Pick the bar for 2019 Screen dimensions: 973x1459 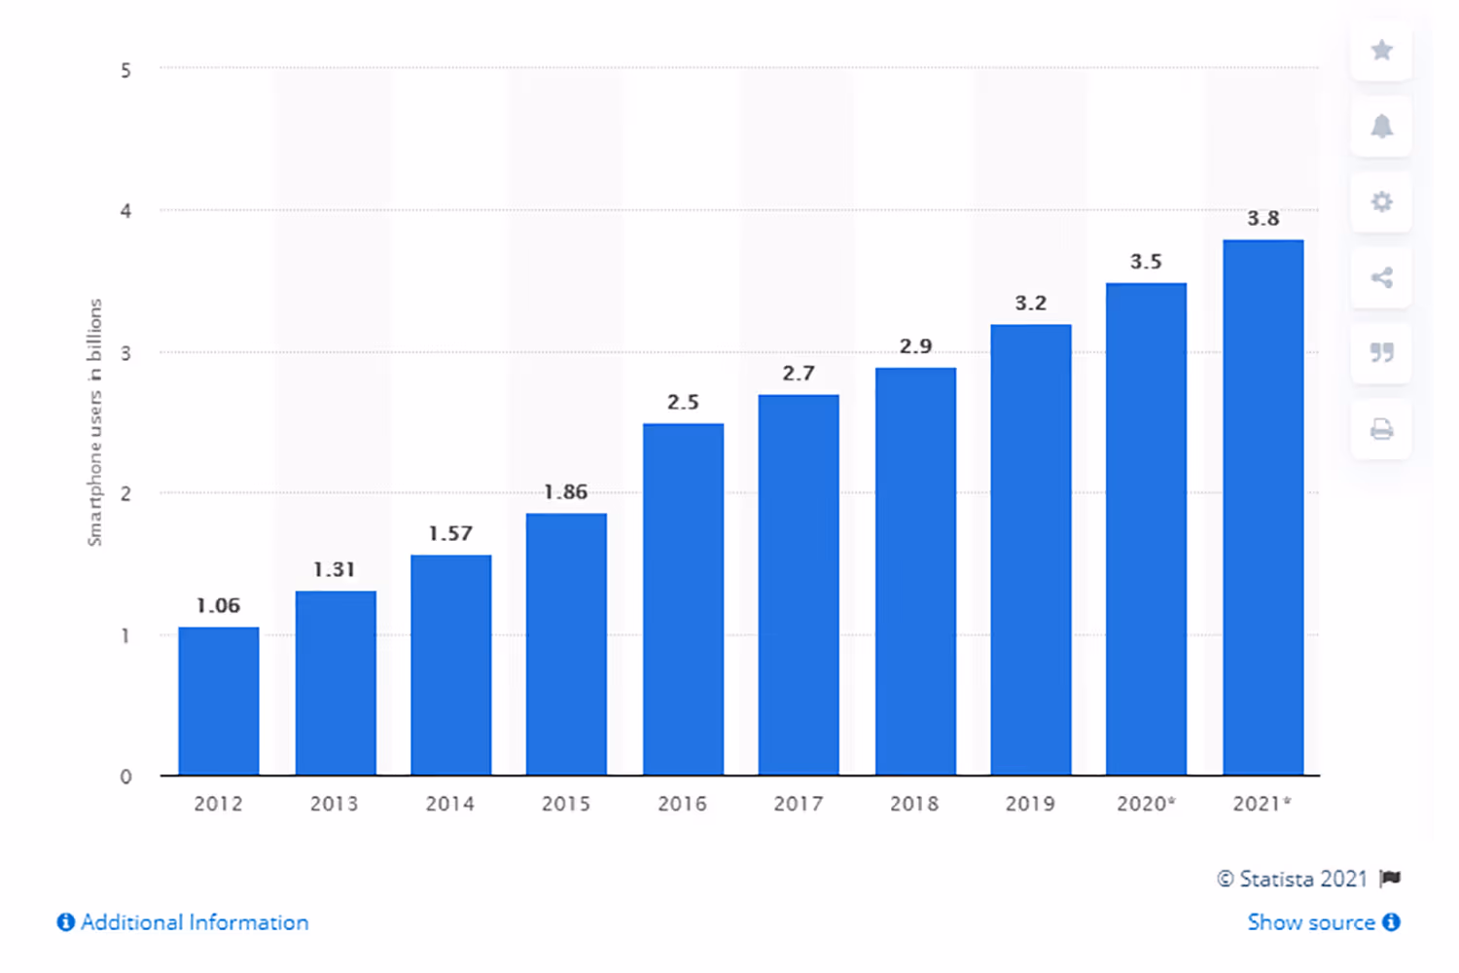1031,550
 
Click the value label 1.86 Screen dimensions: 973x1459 566,492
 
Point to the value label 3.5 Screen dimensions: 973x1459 1146,262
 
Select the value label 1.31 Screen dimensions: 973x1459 334,570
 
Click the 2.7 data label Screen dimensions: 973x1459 799,374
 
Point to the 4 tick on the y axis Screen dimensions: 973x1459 125,211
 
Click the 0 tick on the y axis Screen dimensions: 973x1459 125,776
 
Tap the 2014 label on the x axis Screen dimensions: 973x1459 450,804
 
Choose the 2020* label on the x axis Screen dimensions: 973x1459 1147,804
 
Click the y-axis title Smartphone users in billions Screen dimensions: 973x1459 94,422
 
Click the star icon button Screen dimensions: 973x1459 1381,51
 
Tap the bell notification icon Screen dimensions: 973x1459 1381,126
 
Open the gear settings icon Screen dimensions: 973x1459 1381,202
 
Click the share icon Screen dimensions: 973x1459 1381,278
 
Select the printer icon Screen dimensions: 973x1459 1381,429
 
